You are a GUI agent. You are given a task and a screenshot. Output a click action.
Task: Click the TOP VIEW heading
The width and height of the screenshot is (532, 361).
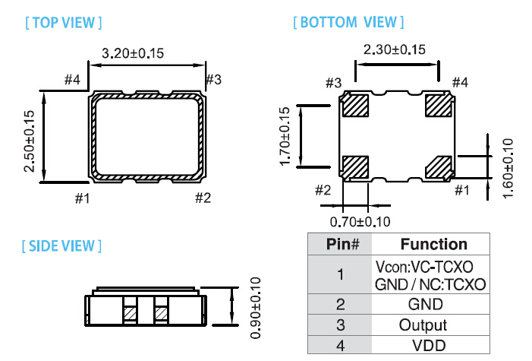click(x=64, y=22)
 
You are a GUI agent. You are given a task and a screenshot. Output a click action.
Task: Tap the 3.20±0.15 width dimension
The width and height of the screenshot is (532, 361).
click(x=133, y=53)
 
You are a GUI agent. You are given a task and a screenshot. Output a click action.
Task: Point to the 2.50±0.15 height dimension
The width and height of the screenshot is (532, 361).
click(x=30, y=141)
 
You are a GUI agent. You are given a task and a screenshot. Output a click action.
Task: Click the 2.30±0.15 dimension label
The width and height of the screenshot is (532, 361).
click(x=395, y=50)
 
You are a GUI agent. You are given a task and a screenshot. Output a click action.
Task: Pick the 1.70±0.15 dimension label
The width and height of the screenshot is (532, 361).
click(x=285, y=137)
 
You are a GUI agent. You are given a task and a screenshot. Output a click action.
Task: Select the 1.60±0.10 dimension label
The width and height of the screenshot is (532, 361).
click(x=508, y=167)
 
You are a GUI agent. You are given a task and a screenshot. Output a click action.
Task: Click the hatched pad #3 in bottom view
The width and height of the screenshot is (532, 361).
click(x=355, y=104)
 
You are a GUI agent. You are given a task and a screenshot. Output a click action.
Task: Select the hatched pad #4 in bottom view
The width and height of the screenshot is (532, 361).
click(x=437, y=104)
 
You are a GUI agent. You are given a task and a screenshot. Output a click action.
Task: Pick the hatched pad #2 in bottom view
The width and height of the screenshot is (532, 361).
click(x=355, y=166)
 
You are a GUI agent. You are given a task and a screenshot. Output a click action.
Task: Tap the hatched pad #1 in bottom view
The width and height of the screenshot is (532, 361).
click(x=437, y=166)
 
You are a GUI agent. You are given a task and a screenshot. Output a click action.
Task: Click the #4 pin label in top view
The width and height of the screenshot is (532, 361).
click(x=72, y=80)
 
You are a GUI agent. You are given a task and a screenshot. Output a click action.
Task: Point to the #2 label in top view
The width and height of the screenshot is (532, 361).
click(x=203, y=198)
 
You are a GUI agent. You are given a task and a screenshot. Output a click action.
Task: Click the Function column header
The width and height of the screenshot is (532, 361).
click(x=433, y=244)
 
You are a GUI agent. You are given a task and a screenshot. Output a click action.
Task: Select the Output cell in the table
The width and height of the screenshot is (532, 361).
click(x=433, y=325)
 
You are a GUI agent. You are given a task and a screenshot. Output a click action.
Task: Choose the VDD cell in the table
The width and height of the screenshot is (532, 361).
click(x=433, y=344)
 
